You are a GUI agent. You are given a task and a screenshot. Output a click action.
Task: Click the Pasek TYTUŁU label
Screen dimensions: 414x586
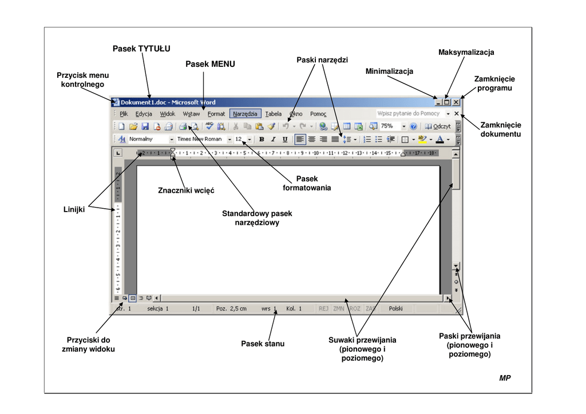141,49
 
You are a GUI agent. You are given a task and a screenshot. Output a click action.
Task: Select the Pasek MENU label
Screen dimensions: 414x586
210,64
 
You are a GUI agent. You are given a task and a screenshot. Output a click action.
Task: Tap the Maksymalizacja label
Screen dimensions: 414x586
466,53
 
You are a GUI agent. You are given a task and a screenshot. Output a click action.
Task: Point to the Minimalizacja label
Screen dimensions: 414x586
389,71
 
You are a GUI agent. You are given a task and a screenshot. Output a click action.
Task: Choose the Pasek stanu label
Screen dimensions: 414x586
263,344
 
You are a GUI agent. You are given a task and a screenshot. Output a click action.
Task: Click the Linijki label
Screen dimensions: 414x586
74,210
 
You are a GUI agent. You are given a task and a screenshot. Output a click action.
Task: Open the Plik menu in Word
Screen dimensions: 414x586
124,114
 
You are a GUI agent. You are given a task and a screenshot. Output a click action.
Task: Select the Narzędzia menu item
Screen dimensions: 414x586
245,114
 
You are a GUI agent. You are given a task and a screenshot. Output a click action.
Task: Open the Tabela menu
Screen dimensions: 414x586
274,114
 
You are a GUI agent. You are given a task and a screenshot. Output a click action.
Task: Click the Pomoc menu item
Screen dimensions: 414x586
318,114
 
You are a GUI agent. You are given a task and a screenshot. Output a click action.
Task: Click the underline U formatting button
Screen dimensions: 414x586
284,139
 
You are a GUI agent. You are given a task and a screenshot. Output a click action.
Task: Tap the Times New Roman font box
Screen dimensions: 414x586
200,139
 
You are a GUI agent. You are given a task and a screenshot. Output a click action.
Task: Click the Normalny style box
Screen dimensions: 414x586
148,139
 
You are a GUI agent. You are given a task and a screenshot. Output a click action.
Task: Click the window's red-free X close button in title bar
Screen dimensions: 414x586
456,102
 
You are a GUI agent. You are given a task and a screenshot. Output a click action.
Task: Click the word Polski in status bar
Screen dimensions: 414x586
395,309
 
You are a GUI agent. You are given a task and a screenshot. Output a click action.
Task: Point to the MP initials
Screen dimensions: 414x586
504,378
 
